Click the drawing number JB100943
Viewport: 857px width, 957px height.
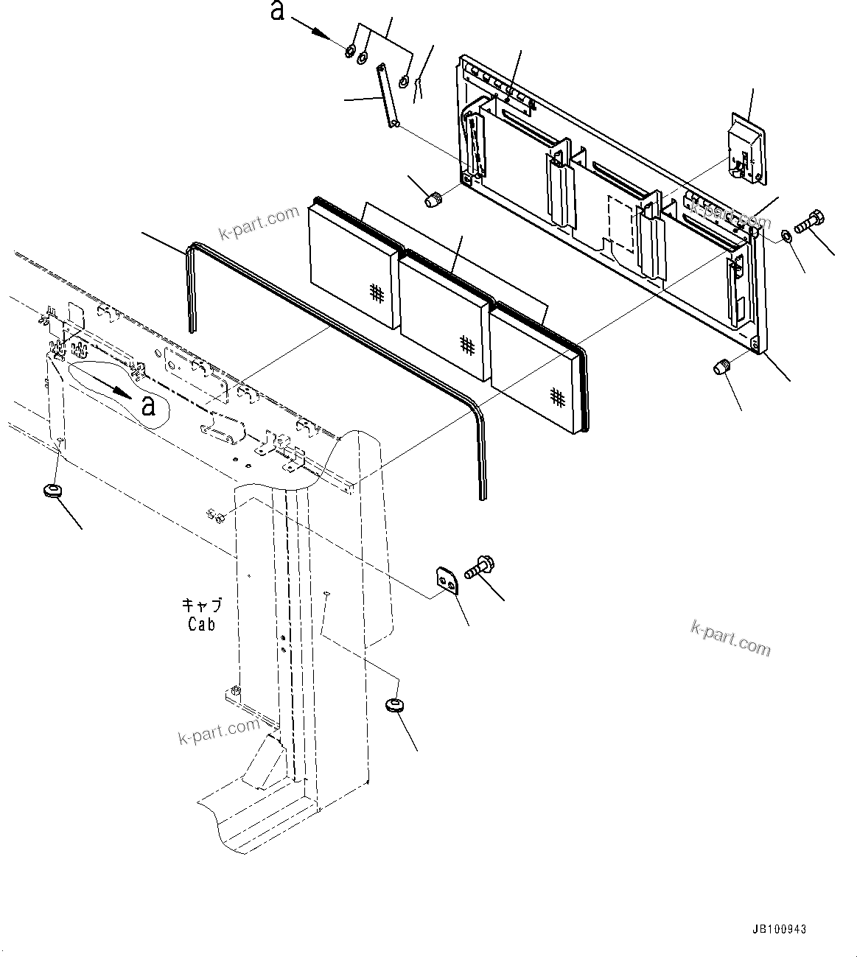pyautogui.click(x=780, y=930)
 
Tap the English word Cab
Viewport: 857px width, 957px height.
pyautogui.click(x=201, y=624)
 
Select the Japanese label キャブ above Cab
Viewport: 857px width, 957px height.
pyautogui.click(x=201, y=606)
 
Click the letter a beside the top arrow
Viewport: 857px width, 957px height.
pyautogui.click(x=277, y=12)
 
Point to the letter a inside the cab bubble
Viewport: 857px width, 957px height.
pyautogui.click(x=149, y=405)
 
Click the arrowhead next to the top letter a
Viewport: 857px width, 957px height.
pyautogui.click(x=319, y=32)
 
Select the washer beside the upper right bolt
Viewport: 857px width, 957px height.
pyautogui.click(x=786, y=236)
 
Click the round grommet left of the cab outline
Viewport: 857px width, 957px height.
pyautogui.click(x=52, y=490)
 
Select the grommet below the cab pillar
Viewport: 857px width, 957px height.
pyautogui.click(x=395, y=705)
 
